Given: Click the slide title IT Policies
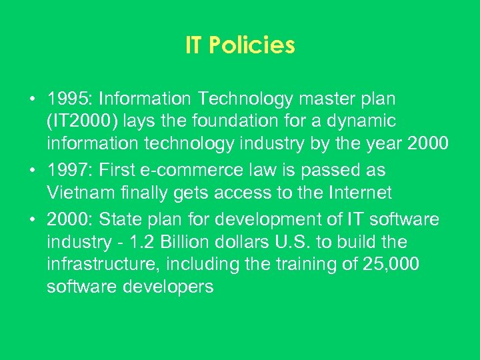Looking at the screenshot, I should coord(240,45).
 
